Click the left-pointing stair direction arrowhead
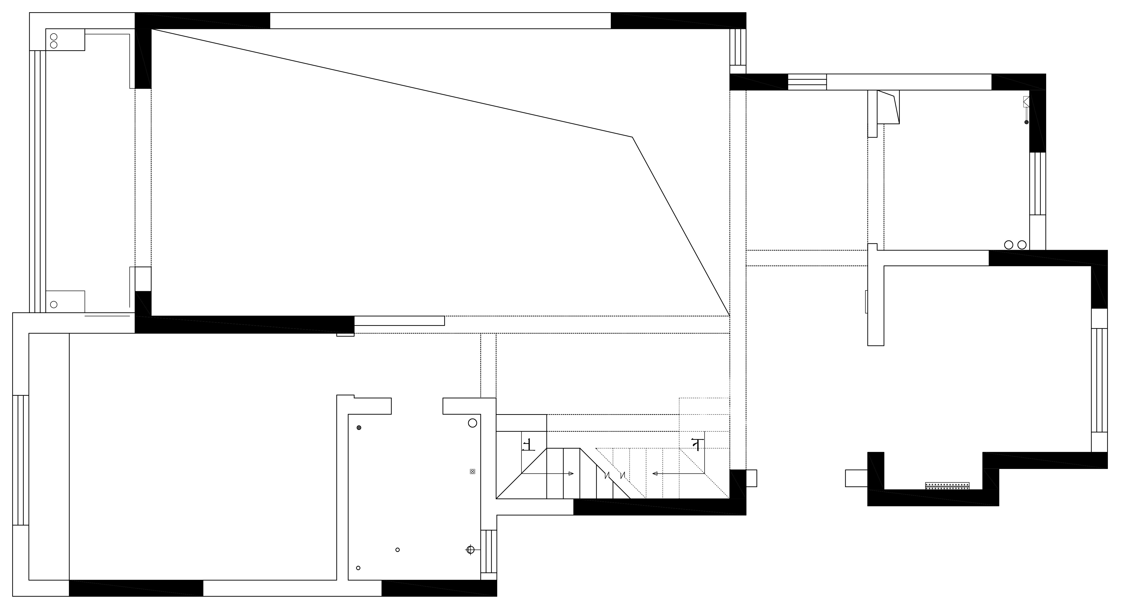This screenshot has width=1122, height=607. point(655,474)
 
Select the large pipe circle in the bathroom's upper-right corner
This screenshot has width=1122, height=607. point(472,423)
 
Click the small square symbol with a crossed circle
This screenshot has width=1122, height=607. point(472,472)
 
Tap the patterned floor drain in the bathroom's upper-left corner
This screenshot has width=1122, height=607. point(359,428)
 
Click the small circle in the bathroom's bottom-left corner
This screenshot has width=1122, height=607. point(358,568)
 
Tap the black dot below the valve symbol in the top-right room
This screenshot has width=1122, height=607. point(1026,122)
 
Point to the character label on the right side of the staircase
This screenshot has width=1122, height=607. point(697,445)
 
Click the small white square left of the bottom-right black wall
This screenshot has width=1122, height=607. point(856,478)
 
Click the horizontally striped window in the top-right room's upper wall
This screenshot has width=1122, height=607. point(807,82)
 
